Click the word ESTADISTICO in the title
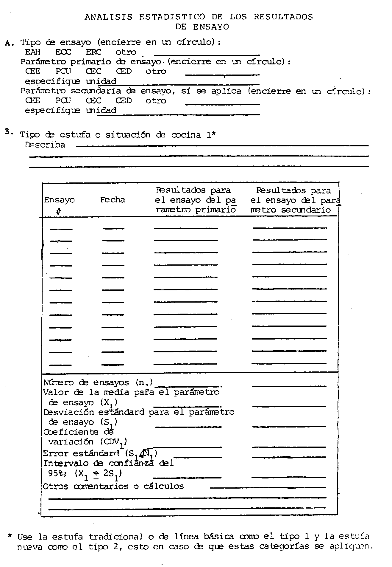[172, 17]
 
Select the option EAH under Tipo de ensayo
[33, 52]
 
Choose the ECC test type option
[63, 52]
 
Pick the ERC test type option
[93, 52]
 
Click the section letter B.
[8, 132]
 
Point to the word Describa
[45, 145]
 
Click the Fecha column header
[112, 200]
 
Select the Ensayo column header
[59, 200]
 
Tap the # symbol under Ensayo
[58, 211]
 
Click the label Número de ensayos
[86, 382]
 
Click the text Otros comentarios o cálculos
[113, 487]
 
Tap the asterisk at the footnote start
[10, 536]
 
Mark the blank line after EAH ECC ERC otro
[207, 55]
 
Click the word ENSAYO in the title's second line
[211, 27]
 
